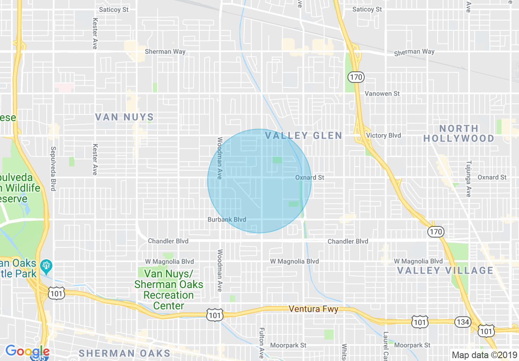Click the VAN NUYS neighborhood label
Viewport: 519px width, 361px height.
pyautogui.click(x=124, y=117)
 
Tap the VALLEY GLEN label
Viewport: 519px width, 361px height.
pyautogui.click(x=303, y=136)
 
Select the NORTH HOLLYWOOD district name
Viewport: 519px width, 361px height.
pyautogui.click(x=459, y=133)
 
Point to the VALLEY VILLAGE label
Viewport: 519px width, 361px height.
pyautogui.click(x=445, y=270)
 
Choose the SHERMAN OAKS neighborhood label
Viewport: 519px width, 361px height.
pyautogui.click(x=124, y=353)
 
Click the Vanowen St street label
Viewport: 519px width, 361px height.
pyautogui.click(x=382, y=94)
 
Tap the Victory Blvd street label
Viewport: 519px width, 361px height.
pyautogui.click(x=384, y=135)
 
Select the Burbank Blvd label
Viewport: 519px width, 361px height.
pyautogui.click(x=227, y=219)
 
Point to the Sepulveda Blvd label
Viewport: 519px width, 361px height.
pyautogui.click(x=53, y=169)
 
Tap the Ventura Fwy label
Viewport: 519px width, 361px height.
pyautogui.click(x=314, y=309)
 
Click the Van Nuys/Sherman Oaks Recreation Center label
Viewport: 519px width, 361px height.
pyautogui.click(x=169, y=290)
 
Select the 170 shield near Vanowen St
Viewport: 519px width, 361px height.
pyautogui.click(x=356, y=77)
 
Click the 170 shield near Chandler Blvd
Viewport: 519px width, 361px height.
pyautogui.click(x=436, y=232)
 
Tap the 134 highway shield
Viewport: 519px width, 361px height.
pyautogui.click(x=463, y=322)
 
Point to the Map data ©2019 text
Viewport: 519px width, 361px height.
pyautogui.click(x=484, y=355)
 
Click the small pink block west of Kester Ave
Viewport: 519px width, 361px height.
pyautogui.click(x=64, y=87)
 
